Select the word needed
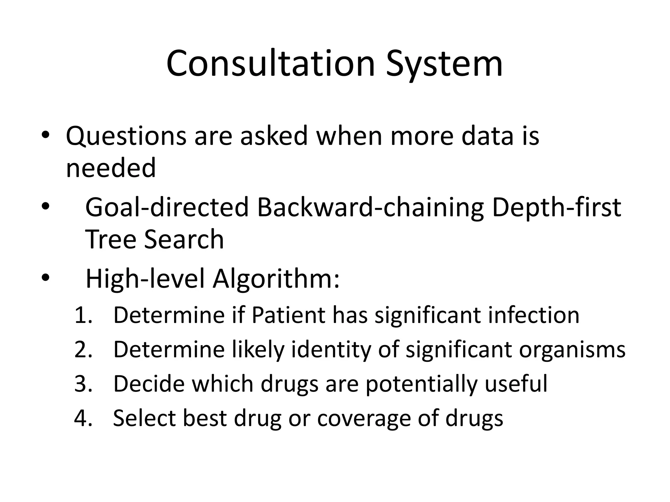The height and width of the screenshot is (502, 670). pos(111,168)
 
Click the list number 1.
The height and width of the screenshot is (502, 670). pos(83,316)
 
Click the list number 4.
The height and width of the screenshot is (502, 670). pos(83,418)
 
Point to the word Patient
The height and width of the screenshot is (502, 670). pos(288,316)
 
